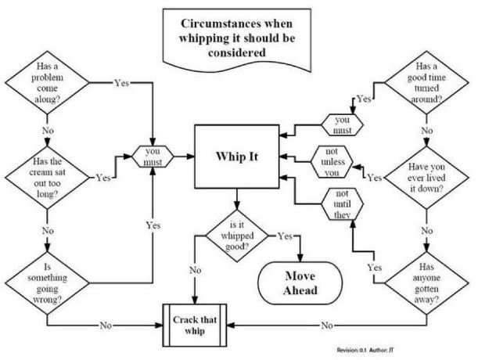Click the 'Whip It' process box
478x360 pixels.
(237, 157)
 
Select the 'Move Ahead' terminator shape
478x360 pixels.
(300, 283)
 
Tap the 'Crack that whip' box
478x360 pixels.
(195, 326)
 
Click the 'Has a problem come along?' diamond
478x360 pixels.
(47, 82)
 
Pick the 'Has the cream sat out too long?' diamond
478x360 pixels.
(47, 178)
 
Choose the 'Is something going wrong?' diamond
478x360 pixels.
(47, 283)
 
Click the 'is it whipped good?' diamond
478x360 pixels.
(237, 236)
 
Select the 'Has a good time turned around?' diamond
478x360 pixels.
(426, 82)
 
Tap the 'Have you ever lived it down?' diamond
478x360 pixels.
(426, 178)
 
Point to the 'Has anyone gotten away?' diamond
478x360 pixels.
(426, 283)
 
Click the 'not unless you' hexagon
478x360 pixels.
(332, 162)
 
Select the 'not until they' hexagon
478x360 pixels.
(342, 203)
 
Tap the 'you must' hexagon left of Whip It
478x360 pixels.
(153, 157)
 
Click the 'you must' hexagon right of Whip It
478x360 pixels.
(342, 124)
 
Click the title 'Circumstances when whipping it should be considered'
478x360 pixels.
(237, 38)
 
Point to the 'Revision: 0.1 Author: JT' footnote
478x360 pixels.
(365, 350)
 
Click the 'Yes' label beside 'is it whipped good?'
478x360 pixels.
(285, 236)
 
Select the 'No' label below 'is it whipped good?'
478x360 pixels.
(195, 270)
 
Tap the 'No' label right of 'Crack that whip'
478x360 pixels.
(327, 326)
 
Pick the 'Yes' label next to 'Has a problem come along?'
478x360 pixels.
(121, 83)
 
